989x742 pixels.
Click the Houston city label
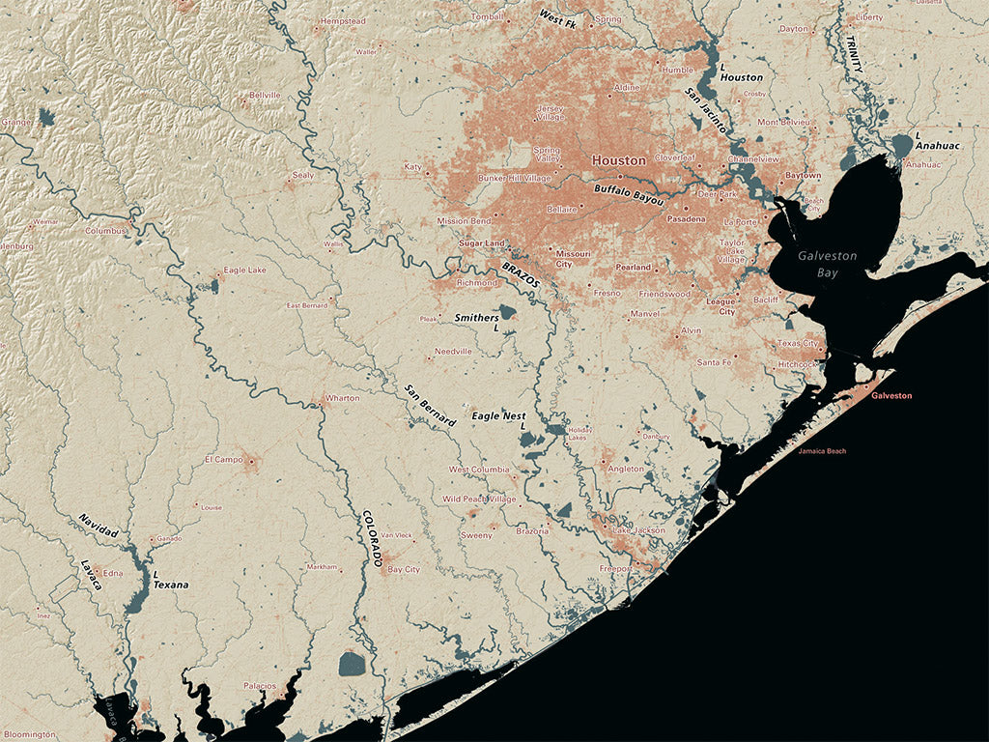619,160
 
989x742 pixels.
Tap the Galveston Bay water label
826,264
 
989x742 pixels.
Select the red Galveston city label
890,396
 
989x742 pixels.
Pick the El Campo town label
224,459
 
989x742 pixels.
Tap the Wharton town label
343,397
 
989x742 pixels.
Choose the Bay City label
404,570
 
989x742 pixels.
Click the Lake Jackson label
638,530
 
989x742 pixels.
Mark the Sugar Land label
482,243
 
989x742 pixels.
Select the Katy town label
412,167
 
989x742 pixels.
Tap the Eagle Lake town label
244,271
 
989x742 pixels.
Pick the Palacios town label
260,685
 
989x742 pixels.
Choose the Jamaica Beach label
822,451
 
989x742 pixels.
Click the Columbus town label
105,231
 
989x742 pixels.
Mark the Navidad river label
99,526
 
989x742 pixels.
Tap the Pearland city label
634,267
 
